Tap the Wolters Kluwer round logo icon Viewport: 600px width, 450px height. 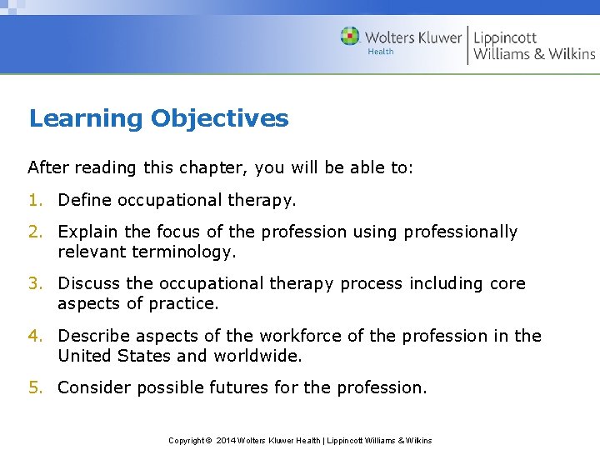(350, 37)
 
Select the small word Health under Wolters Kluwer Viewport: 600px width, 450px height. (381, 52)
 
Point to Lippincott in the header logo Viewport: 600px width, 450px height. (505, 37)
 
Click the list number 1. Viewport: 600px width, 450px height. (34, 200)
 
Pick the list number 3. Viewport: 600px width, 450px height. (34, 283)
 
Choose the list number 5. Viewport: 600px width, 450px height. (34, 387)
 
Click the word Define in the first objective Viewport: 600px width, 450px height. (85, 200)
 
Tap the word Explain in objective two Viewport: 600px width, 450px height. (88, 232)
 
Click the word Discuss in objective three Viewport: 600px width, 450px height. (89, 283)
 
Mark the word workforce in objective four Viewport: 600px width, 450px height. (297, 336)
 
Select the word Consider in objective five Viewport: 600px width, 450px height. (94, 387)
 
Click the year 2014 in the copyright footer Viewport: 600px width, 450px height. (227, 440)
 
